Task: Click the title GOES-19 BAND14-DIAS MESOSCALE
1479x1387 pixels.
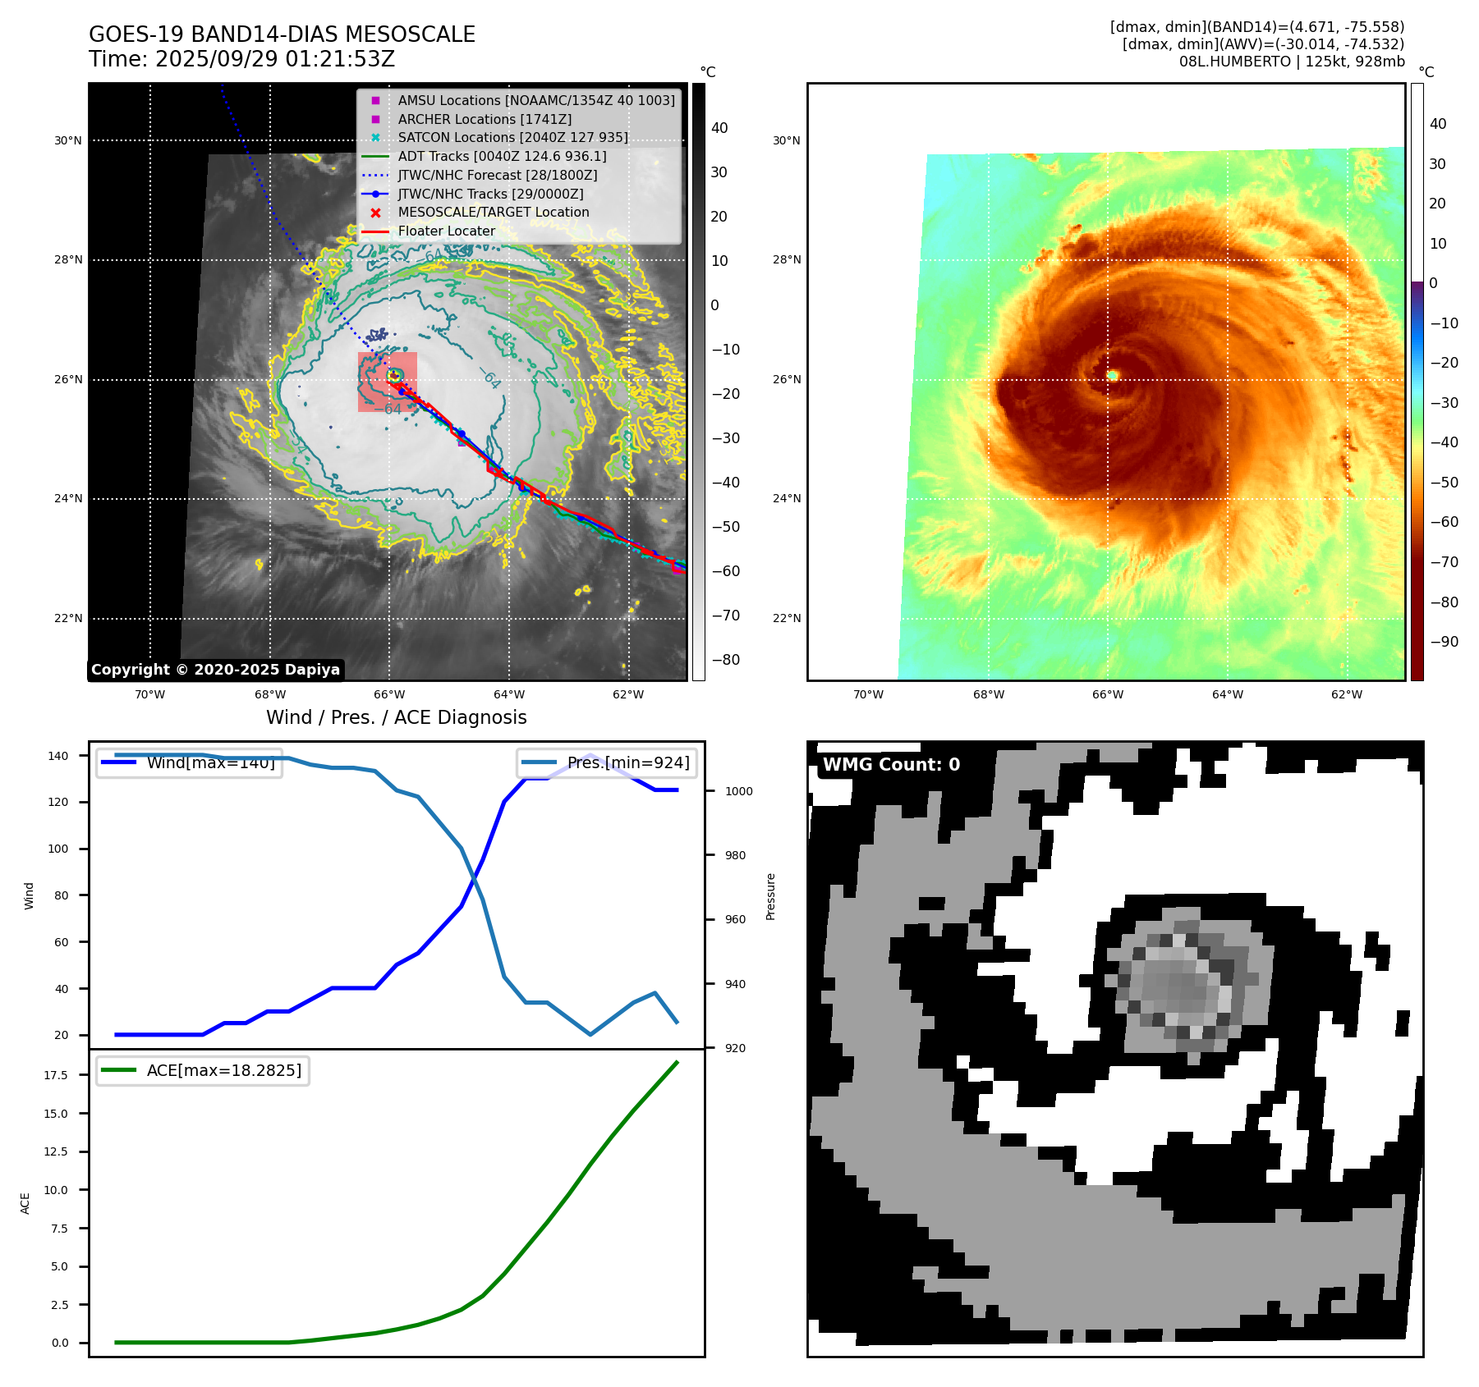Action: pos(282,34)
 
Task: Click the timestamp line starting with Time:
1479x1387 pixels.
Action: pos(241,59)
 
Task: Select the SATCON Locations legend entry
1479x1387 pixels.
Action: pos(512,138)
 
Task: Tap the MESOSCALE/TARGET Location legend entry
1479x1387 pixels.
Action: pos(493,213)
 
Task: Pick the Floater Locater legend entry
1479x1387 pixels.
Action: pos(446,231)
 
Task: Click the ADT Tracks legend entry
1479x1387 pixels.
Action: pos(502,157)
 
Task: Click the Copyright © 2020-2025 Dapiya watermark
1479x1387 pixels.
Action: pos(215,670)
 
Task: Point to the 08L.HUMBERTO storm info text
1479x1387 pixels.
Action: pos(1291,62)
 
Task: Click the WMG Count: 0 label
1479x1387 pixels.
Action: pos(891,765)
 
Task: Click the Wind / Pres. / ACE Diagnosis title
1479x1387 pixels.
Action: pos(396,717)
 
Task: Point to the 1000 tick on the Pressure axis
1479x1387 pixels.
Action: pos(738,791)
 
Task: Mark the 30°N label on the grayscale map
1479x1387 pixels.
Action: pos(68,141)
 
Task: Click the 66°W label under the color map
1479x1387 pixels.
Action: pos(1107,695)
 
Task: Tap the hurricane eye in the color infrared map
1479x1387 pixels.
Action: pos(1113,375)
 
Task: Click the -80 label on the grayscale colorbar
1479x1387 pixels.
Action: pos(725,660)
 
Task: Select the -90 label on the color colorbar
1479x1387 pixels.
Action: pos(1444,642)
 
